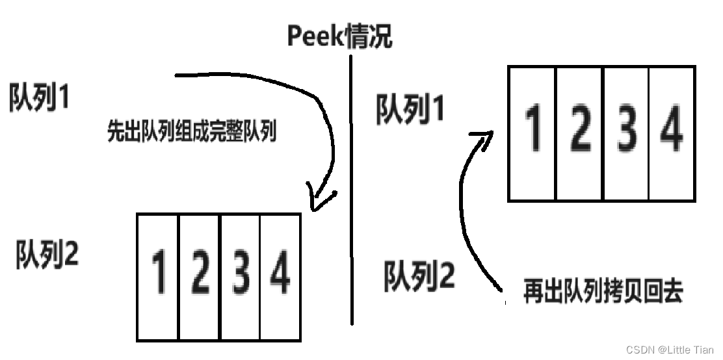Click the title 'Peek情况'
pyautogui.click(x=339, y=36)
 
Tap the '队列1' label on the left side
pyautogui.click(x=40, y=98)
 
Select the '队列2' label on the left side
pyautogui.click(x=47, y=254)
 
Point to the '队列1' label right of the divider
pyautogui.click(x=410, y=109)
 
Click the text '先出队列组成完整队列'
pyautogui.click(x=192, y=133)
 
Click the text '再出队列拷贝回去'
pyautogui.click(x=603, y=292)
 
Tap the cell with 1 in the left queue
pyautogui.click(x=158, y=276)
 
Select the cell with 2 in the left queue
pyautogui.click(x=200, y=276)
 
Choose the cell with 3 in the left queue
pyautogui.click(x=241, y=276)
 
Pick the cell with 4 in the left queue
pyautogui.click(x=280, y=276)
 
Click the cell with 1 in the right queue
pyautogui.click(x=532, y=133)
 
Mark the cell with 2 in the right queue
pyautogui.click(x=579, y=133)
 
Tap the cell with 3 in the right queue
pyautogui.click(x=626, y=133)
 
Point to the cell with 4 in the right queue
pyautogui.click(x=672, y=133)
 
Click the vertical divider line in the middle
pyautogui.click(x=352, y=195)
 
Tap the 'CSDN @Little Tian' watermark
pyautogui.click(x=669, y=350)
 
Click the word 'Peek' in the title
pyautogui.click(x=315, y=37)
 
